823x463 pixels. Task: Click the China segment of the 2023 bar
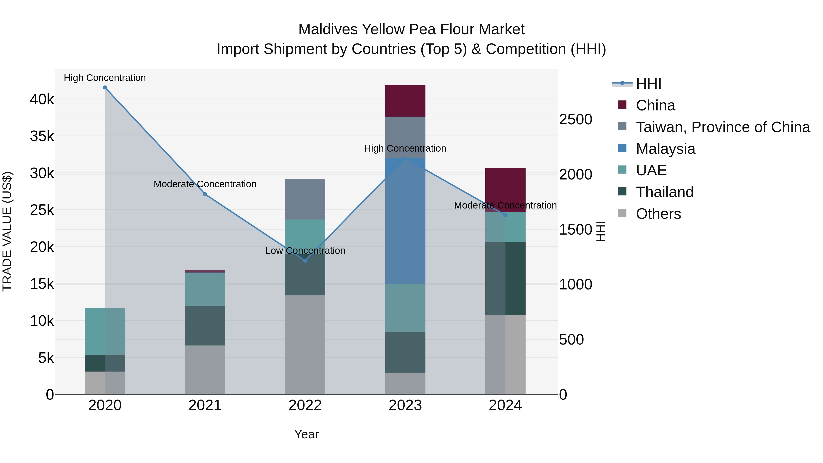coord(405,101)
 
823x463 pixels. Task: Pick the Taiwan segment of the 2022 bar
coord(305,199)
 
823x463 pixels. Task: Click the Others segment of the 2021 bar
coord(205,370)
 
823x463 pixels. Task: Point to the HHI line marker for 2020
coord(105,88)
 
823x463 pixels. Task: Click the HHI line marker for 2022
coord(305,261)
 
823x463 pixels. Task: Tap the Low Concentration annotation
coord(305,251)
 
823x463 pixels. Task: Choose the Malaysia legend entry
coord(665,149)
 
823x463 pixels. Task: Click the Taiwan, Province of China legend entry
coord(723,127)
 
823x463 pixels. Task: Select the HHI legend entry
coord(648,84)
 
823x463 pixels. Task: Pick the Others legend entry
coord(658,214)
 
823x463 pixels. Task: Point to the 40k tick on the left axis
coord(42,99)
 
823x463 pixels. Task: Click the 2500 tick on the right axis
coord(575,120)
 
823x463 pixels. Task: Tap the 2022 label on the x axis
coord(305,405)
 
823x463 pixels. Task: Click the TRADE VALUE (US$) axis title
coord(7,231)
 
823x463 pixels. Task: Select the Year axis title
coord(306,434)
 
